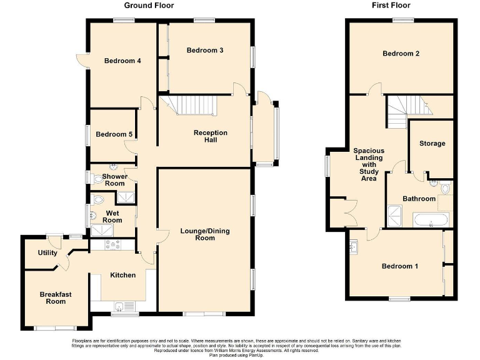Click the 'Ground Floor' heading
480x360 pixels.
tap(149, 6)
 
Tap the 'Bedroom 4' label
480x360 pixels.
tap(122, 61)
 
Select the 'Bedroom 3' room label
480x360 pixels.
tap(205, 51)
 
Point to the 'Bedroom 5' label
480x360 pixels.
tap(113, 134)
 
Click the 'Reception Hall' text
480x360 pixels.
tap(211, 137)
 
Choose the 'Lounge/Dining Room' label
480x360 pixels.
tap(205, 235)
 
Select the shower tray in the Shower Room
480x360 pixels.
tap(125, 197)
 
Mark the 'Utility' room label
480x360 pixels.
tap(47, 253)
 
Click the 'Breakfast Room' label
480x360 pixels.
tap(52, 298)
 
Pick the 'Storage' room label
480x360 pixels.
tap(432, 144)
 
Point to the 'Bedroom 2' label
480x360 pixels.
tap(401, 54)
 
